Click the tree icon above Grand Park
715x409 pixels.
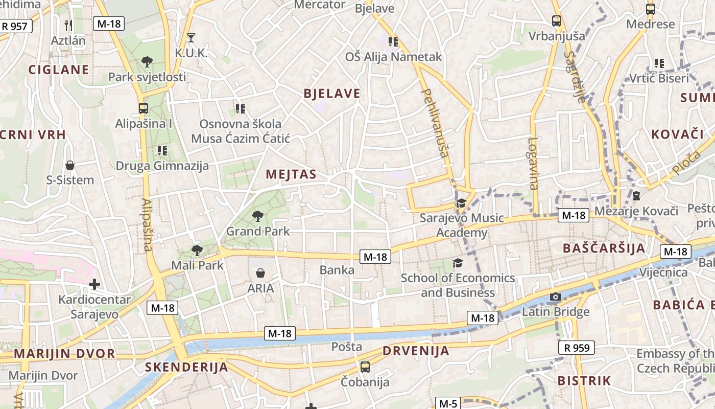click(x=258, y=216)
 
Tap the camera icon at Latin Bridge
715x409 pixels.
click(x=556, y=297)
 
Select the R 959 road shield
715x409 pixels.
click(x=577, y=348)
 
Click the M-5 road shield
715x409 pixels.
click(x=448, y=403)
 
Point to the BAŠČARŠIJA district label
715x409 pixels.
click(x=604, y=248)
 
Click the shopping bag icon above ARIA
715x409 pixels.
click(x=260, y=274)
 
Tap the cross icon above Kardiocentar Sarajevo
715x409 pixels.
click(x=94, y=284)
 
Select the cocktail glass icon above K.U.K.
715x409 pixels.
click(x=191, y=38)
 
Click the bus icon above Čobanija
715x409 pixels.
click(x=365, y=367)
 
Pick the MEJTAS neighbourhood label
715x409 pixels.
click(x=291, y=174)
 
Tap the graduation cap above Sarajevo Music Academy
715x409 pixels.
click(x=462, y=203)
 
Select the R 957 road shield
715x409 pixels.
click(x=15, y=26)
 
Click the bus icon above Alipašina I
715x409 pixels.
click(x=144, y=108)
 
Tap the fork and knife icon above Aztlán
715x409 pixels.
click(x=68, y=25)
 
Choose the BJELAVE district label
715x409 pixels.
click(x=332, y=94)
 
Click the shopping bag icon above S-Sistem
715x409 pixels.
click(x=70, y=165)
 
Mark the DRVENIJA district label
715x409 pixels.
click(x=416, y=351)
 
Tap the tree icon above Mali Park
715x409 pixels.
click(x=197, y=251)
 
